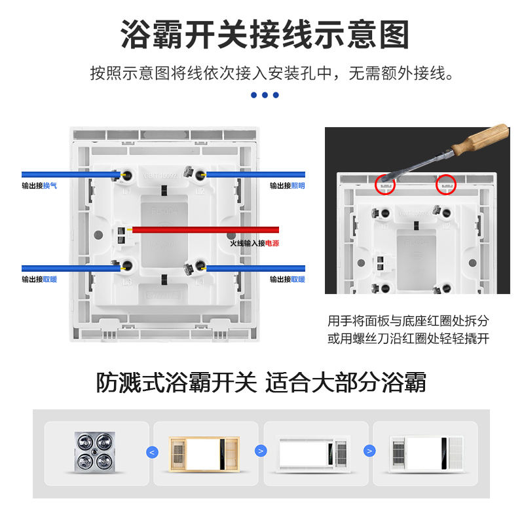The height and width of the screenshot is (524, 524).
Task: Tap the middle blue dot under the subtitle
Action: pyautogui.click(x=265, y=95)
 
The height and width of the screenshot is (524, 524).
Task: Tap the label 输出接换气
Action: pyautogui.click(x=39, y=185)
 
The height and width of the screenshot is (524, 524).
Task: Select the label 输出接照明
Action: pyautogui.click(x=287, y=185)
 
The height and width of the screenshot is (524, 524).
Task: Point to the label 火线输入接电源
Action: pyautogui.click(x=254, y=243)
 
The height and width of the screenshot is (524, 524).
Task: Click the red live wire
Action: pyautogui.click(x=210, y=230)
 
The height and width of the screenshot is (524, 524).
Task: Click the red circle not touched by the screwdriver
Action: pyautogui.click(x=447, y=184)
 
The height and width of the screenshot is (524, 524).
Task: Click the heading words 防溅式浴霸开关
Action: pyautogui.click(x=177, y=382)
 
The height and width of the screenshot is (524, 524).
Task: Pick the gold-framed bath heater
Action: pyautogui.click(x=204, y=453)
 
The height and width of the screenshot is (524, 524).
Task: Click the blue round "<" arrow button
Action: pyautogui.click(x=152, y=451)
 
